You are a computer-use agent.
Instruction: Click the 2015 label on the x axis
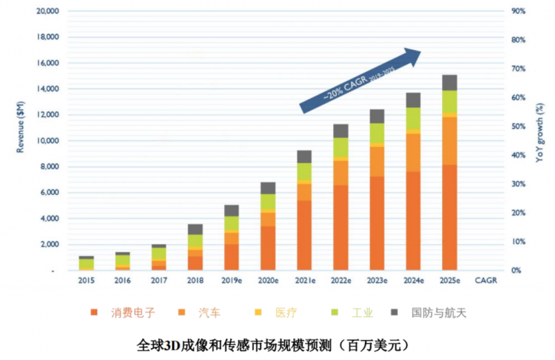click(x=86, y=281)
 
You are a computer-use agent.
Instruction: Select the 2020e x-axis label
click(x=268, y=281)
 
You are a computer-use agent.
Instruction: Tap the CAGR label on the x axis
click(x=485, y=281)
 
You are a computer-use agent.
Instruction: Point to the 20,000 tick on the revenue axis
click(x=47, y=12)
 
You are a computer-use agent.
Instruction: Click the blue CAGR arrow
click(x=361, y=80)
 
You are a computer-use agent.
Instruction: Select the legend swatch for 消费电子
click(x=94, y=312)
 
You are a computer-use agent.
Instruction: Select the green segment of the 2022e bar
click(x=341, y=148)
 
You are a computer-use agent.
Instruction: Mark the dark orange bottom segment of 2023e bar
click(x=377, y=223)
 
